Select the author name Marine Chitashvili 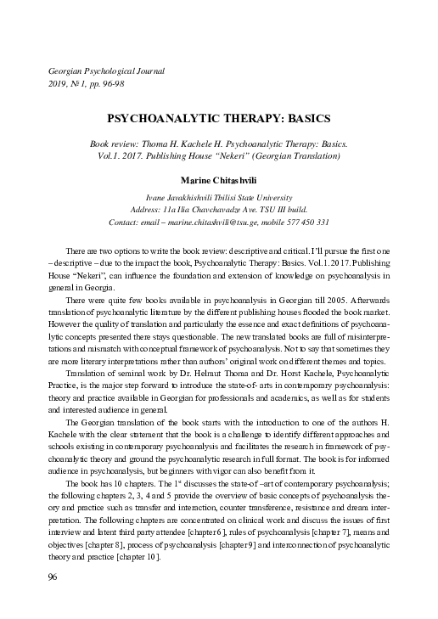point(219,180)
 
